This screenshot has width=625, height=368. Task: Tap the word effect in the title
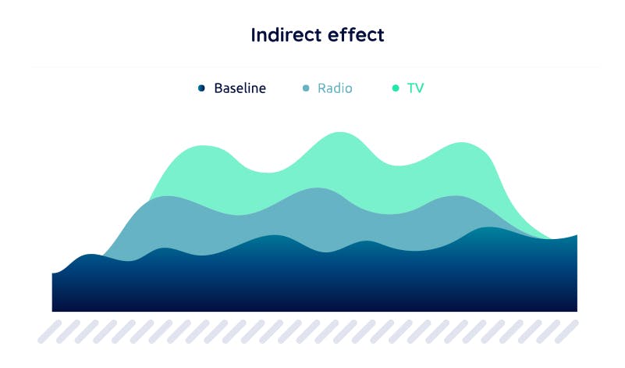[x=353, y=34]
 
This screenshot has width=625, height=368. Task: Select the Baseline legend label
[x=240, y=88]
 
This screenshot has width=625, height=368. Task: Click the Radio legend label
[x=335, y=88]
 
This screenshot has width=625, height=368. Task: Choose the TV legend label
[x=415, y=88]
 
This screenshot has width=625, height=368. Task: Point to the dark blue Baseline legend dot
[x=201, y=88]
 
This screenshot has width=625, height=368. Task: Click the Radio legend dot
[x=306, y=88]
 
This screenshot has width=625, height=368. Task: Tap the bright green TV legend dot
[x=396, y=88]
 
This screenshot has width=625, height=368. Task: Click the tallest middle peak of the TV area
[x=339, y=133]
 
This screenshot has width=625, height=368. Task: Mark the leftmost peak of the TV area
[x=203, y=146]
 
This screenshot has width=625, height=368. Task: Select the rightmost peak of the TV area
[x=462, y=143]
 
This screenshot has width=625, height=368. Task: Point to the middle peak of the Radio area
[x=318, y=188]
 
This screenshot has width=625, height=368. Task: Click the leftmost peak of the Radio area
[x=168, y=197]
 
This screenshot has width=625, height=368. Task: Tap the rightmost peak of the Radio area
[x=455, y=196]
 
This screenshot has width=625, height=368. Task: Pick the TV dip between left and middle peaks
[x=268, y=173]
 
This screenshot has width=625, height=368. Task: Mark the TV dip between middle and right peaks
[x=400, y=165]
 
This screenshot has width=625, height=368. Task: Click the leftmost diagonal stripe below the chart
[x=49, y=332]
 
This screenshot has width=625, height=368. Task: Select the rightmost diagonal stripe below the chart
[x=566, y=332]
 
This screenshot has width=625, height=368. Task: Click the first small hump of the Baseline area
[x=91, y=255]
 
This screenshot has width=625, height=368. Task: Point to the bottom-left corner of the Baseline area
[x=52, y=311]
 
